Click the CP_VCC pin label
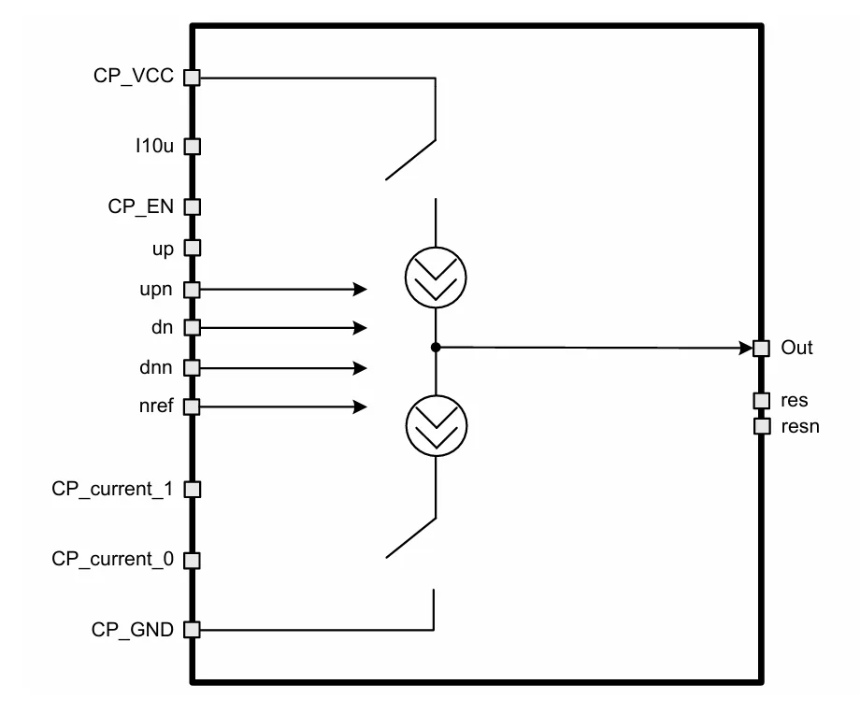click(x=134, y=76)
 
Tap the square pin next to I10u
click(x=192, y=147)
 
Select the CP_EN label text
click(x=140, y=207)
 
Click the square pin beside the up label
click(x=192, y=248)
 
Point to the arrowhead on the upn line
click(x=360, y=289)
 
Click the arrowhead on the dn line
click(x=360, y=328)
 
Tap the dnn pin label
click(x=156, y=367)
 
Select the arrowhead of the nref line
click(x=360, y=406)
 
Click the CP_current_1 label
click(x=112, y=489)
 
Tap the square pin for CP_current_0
click(x=192, y=560)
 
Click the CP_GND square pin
click(x=192, y=629)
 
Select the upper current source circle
click(x=436, y=248)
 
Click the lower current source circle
click(x=436, y=396)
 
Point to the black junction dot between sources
click(x=436, y=348)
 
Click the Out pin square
click(x=761, y=348)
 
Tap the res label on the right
click(x=795, y=400)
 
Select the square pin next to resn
click(x=762, y=426)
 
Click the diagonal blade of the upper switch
click(x=410, y=160)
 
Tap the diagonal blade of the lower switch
click(x=410, y=538)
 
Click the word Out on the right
click(x=796, y=348)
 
